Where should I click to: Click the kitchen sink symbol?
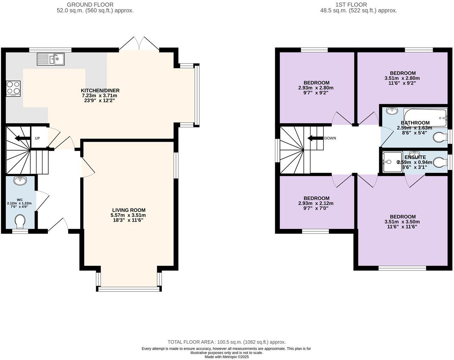(50, 59)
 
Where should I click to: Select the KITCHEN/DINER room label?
(100, 91)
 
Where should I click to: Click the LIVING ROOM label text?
(129, 210)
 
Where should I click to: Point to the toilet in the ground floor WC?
(21, 222)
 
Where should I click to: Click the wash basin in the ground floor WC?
(20, 181)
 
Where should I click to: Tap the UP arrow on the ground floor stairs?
(22, 138)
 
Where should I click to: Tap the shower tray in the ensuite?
(392, 162)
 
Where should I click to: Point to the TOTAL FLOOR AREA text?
(227, 342)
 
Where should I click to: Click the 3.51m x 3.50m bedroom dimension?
(402, 222)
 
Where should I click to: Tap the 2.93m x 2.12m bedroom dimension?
(316, 203)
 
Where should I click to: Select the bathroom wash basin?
(392, 111)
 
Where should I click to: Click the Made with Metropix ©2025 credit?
(227, 357)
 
